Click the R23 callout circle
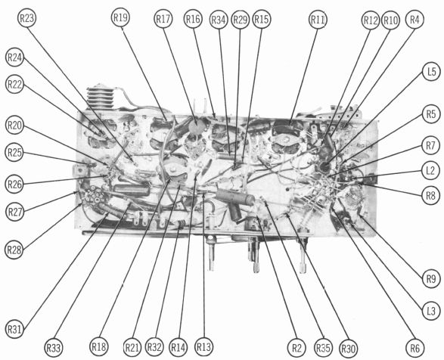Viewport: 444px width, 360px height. [x=27, y=18]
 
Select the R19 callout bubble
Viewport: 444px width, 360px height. [x=120, y=17]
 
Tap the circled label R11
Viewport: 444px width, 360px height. [x=318, y=20]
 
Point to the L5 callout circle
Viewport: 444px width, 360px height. [x=431, y=72]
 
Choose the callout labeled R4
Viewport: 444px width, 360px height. [x=415, y=20]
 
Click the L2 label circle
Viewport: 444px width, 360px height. [x=430, y=170]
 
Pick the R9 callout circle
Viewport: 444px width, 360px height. [x=431, y=279]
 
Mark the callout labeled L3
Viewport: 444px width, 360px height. [x=430, y=312]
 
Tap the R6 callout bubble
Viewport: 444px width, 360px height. [x=415, y=348]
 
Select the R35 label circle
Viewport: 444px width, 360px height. [x=324, y=348]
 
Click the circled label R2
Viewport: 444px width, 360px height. [x=297, y=348]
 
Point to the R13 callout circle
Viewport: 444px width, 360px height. [x=203, y=346]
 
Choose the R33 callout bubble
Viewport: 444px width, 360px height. [x=54, y=348]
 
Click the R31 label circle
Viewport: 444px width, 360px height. [x=14, y=330]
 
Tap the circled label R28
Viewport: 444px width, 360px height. [x=14, y=250]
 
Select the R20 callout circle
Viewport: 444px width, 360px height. [x=14, y=125]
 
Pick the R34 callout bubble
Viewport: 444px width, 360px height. [x=219, y=20]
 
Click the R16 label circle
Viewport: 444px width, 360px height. [x=193, y=19]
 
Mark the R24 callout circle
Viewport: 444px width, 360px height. [x=14, y=57]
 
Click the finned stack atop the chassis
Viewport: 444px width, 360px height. [x=100, y=96]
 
